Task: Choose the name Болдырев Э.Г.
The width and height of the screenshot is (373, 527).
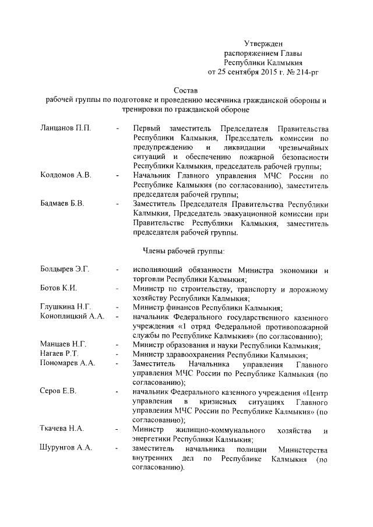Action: [x=66, y=270]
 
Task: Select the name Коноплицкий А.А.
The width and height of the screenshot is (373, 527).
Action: [x=72, y=316]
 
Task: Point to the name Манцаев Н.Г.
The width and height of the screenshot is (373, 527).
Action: [x=64, y=344]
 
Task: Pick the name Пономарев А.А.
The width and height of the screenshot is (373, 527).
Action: [x=68, y=363]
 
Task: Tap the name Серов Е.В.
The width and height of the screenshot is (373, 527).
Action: [x=58, y=391]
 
